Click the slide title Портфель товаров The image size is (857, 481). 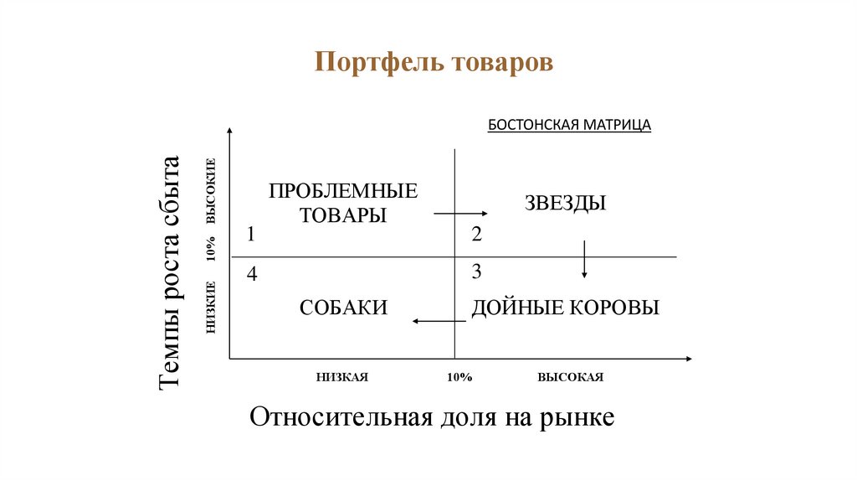[434, 64]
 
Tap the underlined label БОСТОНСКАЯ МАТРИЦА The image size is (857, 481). [569, 125]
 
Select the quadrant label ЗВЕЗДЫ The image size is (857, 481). [566, 203]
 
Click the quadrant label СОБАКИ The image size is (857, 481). [343, 308]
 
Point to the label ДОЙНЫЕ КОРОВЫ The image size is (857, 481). [566, 308]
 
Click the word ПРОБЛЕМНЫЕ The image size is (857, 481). [343, 190]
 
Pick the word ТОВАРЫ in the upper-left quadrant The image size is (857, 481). [343, 215]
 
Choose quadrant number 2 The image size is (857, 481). [476, 235]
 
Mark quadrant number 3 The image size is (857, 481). [476, 272]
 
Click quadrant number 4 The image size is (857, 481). [251, 273]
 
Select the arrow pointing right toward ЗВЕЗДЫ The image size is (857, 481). [458, 215]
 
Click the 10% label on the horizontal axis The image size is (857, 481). [459, 378]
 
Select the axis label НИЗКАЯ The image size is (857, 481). [342, 378]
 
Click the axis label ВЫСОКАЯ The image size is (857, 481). [571, 378]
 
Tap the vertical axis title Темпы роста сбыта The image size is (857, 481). [170, 272]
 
